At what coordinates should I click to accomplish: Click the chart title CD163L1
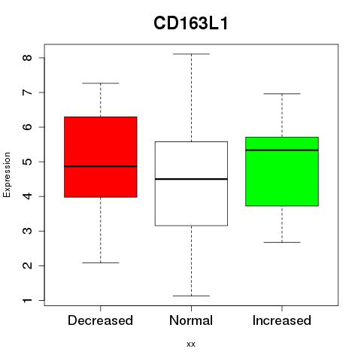point(191,23)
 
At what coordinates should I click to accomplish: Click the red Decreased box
point(101,157)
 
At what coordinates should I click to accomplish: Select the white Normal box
point(191,184)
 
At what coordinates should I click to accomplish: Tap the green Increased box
point(282,171)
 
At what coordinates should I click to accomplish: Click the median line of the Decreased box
point(101,166)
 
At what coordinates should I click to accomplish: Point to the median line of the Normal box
point(191,179)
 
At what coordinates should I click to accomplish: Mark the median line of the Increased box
point(282,150)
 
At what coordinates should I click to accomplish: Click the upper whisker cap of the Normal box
point(191,54)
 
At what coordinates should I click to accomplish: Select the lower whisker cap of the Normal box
point(191,296)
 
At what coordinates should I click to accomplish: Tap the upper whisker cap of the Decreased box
point(101,83)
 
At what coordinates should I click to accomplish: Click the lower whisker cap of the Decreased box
point(101,262)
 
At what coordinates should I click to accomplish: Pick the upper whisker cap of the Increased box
point(282,93)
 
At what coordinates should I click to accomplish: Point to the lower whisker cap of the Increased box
point(282,242)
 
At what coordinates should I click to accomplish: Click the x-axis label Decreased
point(100,320)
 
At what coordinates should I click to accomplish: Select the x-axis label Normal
point(191,320)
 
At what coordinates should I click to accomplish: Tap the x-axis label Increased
point(282,320)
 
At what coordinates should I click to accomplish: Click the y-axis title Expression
point(7,174)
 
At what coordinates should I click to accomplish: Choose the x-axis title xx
point(191,344)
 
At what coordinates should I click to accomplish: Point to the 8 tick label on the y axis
point(28,58)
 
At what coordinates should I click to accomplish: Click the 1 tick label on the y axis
point(28,300)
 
